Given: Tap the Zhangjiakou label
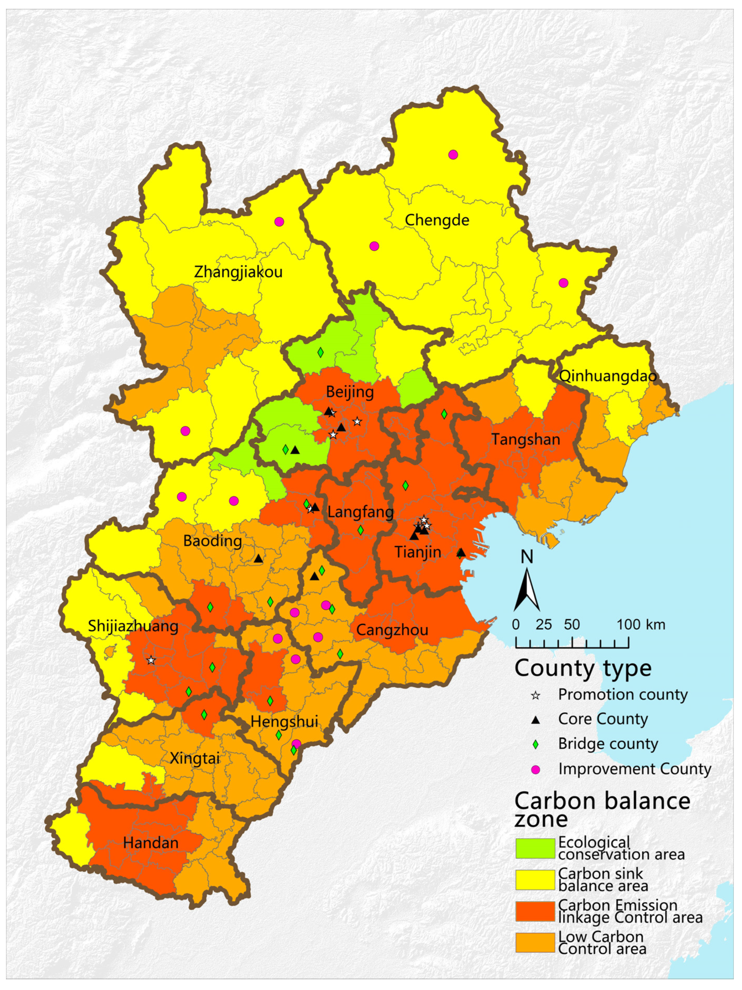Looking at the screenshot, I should click(238, 272).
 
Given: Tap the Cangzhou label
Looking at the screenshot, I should click(392, 630).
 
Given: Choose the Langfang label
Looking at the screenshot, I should click(361, 512).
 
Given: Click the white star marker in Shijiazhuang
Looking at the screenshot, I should click(151, 660).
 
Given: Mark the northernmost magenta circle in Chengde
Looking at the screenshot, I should click(453, 155).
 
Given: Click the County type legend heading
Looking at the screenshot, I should click(583, 668).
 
